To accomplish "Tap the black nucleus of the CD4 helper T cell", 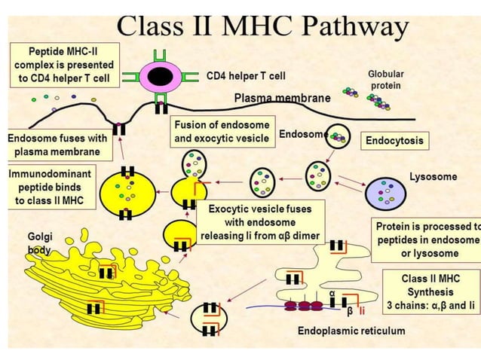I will coord(159,76).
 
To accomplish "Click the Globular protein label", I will coord(385,80).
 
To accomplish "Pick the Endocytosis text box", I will coord(394,141).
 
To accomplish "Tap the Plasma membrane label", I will coord(282,99).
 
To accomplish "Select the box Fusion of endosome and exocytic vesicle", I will coord(221,131).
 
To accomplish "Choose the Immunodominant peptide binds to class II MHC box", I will coord(51,188).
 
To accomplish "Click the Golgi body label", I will coord(40,243).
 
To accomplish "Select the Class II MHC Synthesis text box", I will coord(430,291).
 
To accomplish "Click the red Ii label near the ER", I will coord(362,310).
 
